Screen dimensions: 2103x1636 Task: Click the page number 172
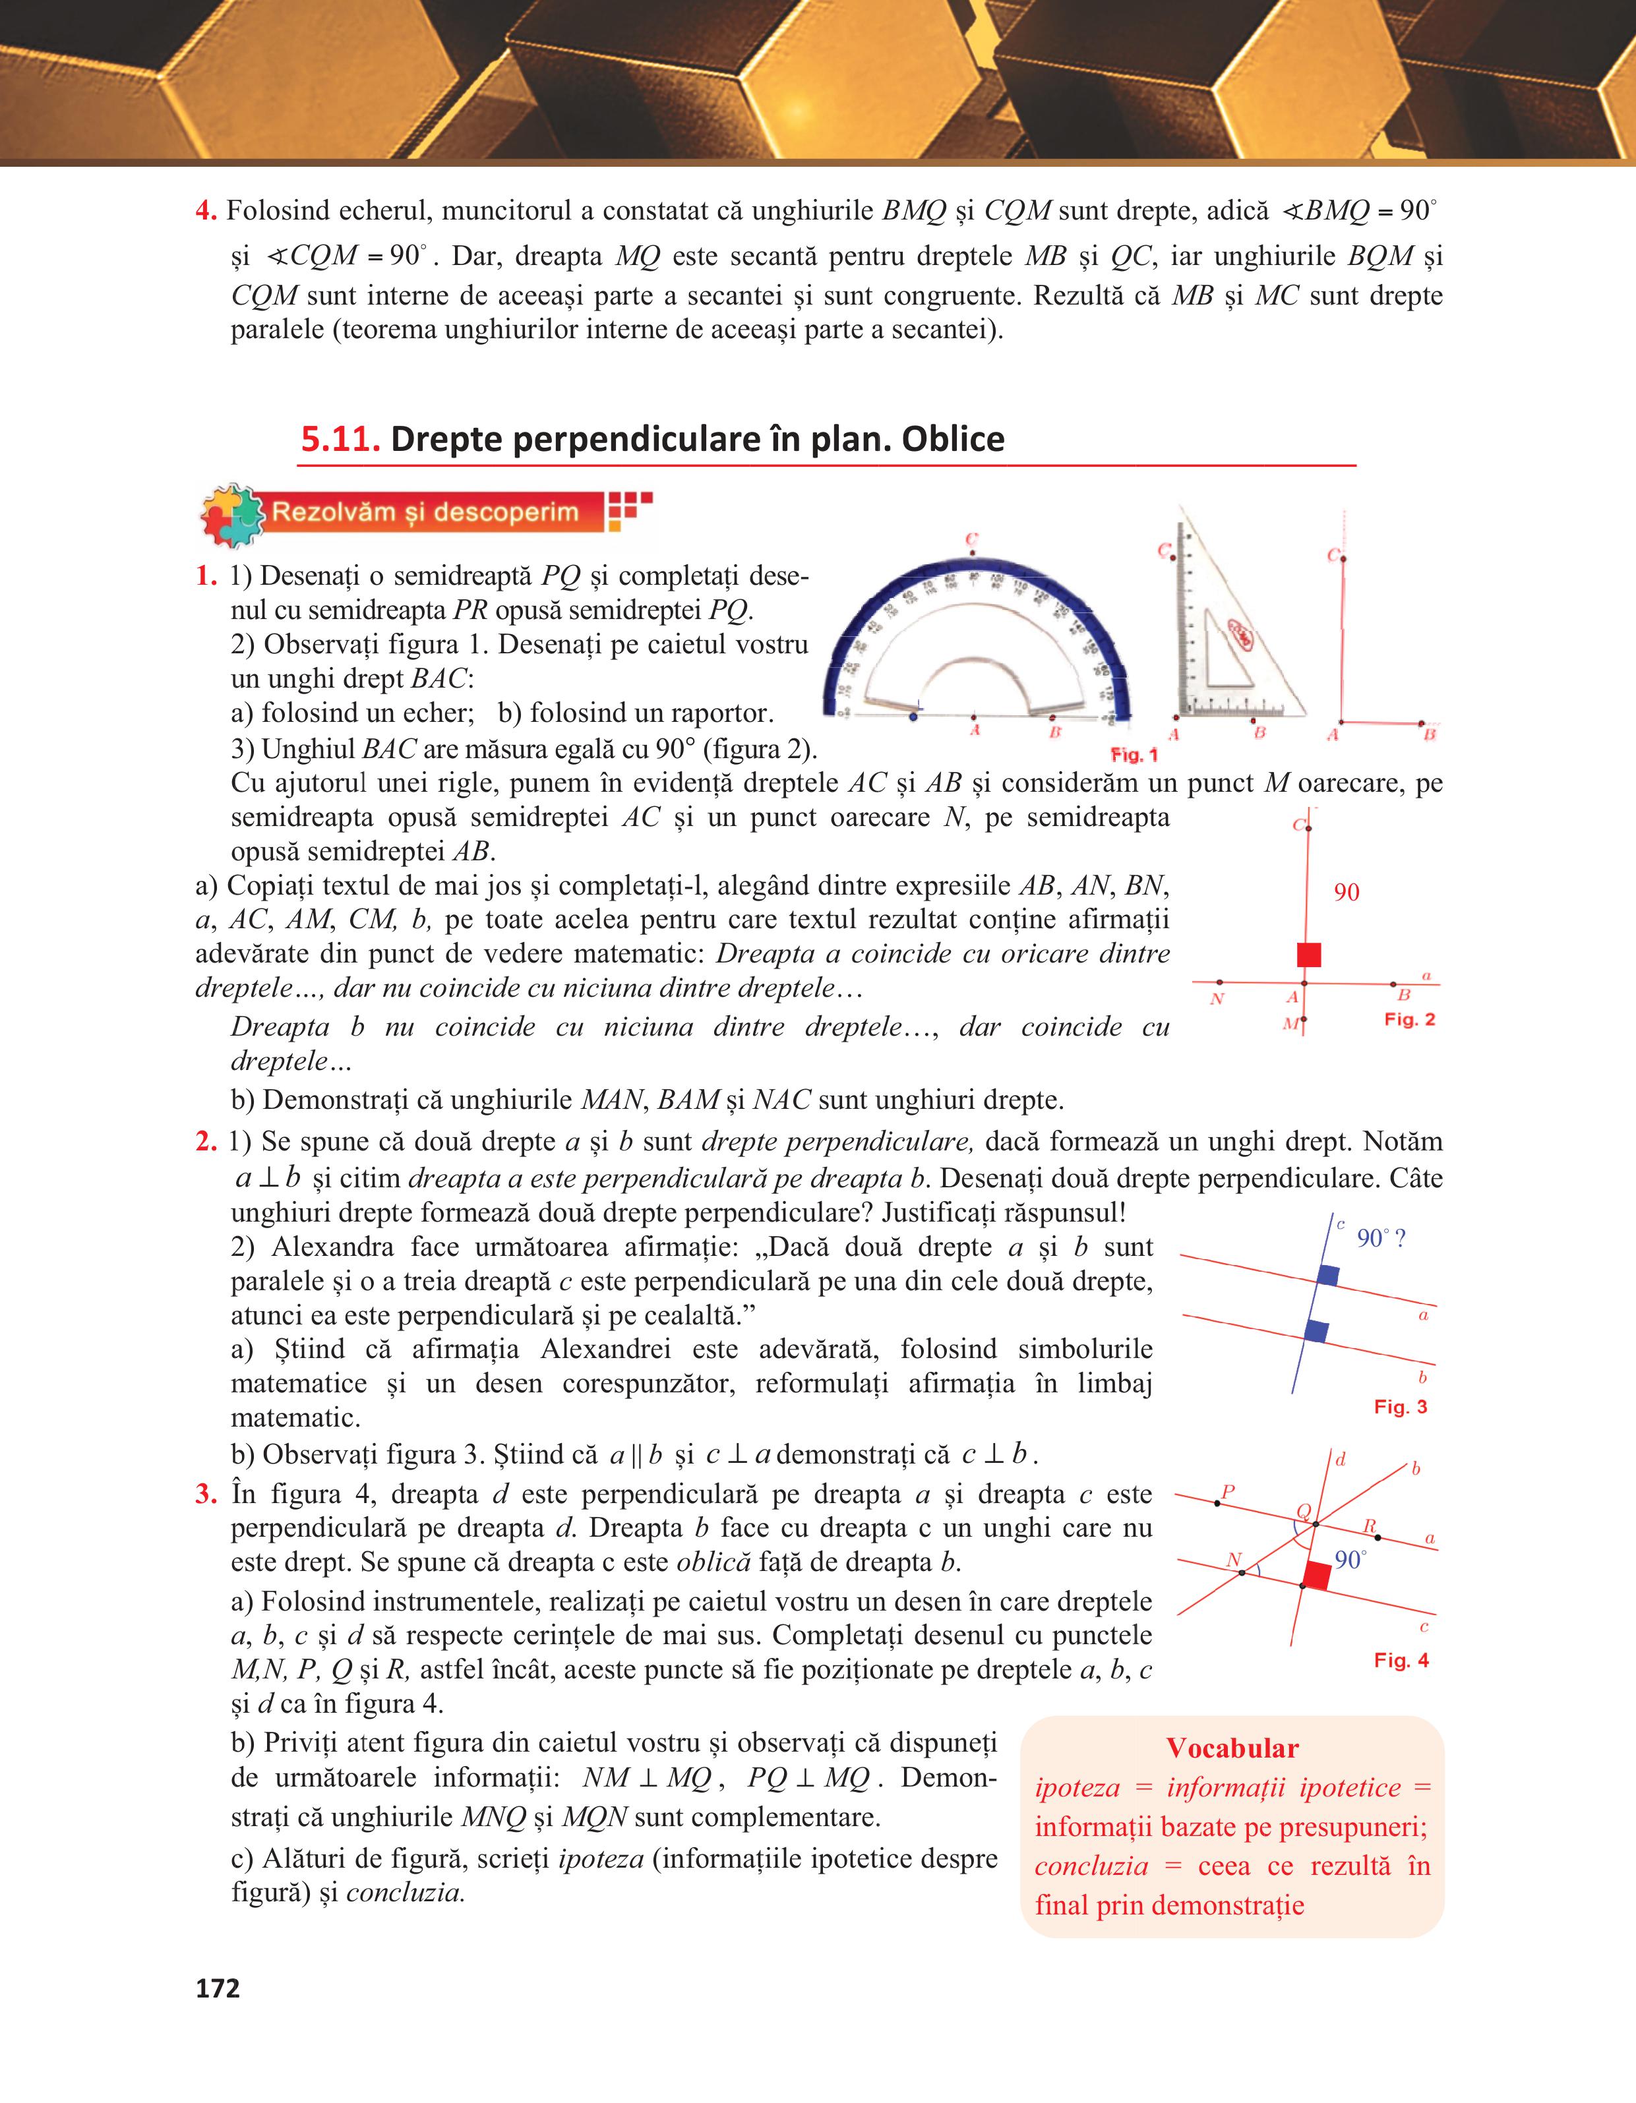[218, 1988]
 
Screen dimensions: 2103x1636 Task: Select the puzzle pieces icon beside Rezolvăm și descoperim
[231, 514]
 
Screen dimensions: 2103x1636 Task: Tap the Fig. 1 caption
[1134, 754]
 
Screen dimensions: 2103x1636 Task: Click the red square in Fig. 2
[1309, 954]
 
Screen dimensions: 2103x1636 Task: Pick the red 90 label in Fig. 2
[1346, 893]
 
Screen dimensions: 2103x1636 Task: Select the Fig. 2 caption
[1410, 1019]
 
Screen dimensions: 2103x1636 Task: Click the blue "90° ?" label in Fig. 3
[1381, 1238]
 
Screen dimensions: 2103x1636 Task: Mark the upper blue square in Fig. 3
[1328, 1275]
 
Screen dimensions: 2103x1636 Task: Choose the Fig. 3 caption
[1400, 1407]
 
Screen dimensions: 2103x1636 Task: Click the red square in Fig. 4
[1316, 1576]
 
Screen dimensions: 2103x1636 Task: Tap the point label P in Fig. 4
[1228, 1493]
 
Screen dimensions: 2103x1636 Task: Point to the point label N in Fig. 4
[1234, 1560]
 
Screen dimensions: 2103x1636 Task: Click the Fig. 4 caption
[1401, 1660]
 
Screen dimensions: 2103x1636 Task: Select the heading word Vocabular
[1232, 1748]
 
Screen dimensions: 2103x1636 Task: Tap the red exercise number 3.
[205, 1495]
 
